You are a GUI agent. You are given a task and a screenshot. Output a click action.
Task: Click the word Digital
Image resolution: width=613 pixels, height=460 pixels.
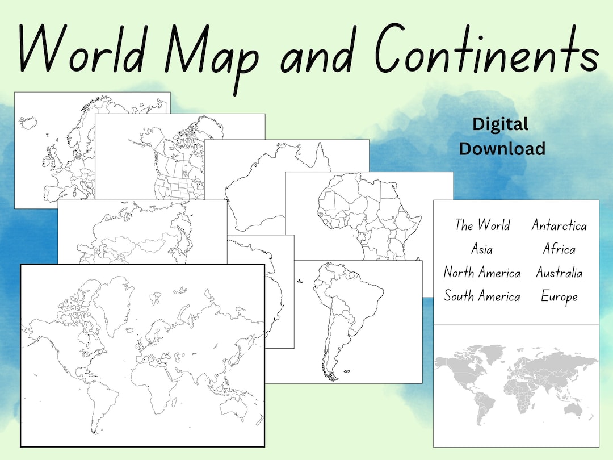click(x=500, y=124)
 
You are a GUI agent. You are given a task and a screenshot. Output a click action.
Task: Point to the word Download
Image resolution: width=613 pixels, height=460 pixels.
click(x=502, y=149)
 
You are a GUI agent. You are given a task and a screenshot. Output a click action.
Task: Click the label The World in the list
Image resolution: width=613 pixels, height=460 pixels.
click(x=482, y=225)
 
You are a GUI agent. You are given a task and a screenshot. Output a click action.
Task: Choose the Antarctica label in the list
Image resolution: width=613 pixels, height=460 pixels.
click(x=559, y=225)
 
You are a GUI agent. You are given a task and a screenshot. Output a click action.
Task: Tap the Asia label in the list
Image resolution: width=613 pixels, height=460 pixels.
click(x=482, y=249)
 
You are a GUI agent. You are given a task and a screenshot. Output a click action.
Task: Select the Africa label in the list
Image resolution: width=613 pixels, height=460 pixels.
click(x=559, y=249)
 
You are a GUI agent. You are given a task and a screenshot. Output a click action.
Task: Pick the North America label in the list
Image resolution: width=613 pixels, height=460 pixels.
click(x=482, y=273)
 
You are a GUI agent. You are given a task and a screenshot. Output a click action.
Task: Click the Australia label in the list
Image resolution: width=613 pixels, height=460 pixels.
click(x=559, y=273)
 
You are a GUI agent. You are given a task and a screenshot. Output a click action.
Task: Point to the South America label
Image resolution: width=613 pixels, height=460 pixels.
click(x=482, y=296)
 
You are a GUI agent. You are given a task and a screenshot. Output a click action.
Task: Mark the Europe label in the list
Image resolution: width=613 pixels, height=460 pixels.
click(x=559, y=296)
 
